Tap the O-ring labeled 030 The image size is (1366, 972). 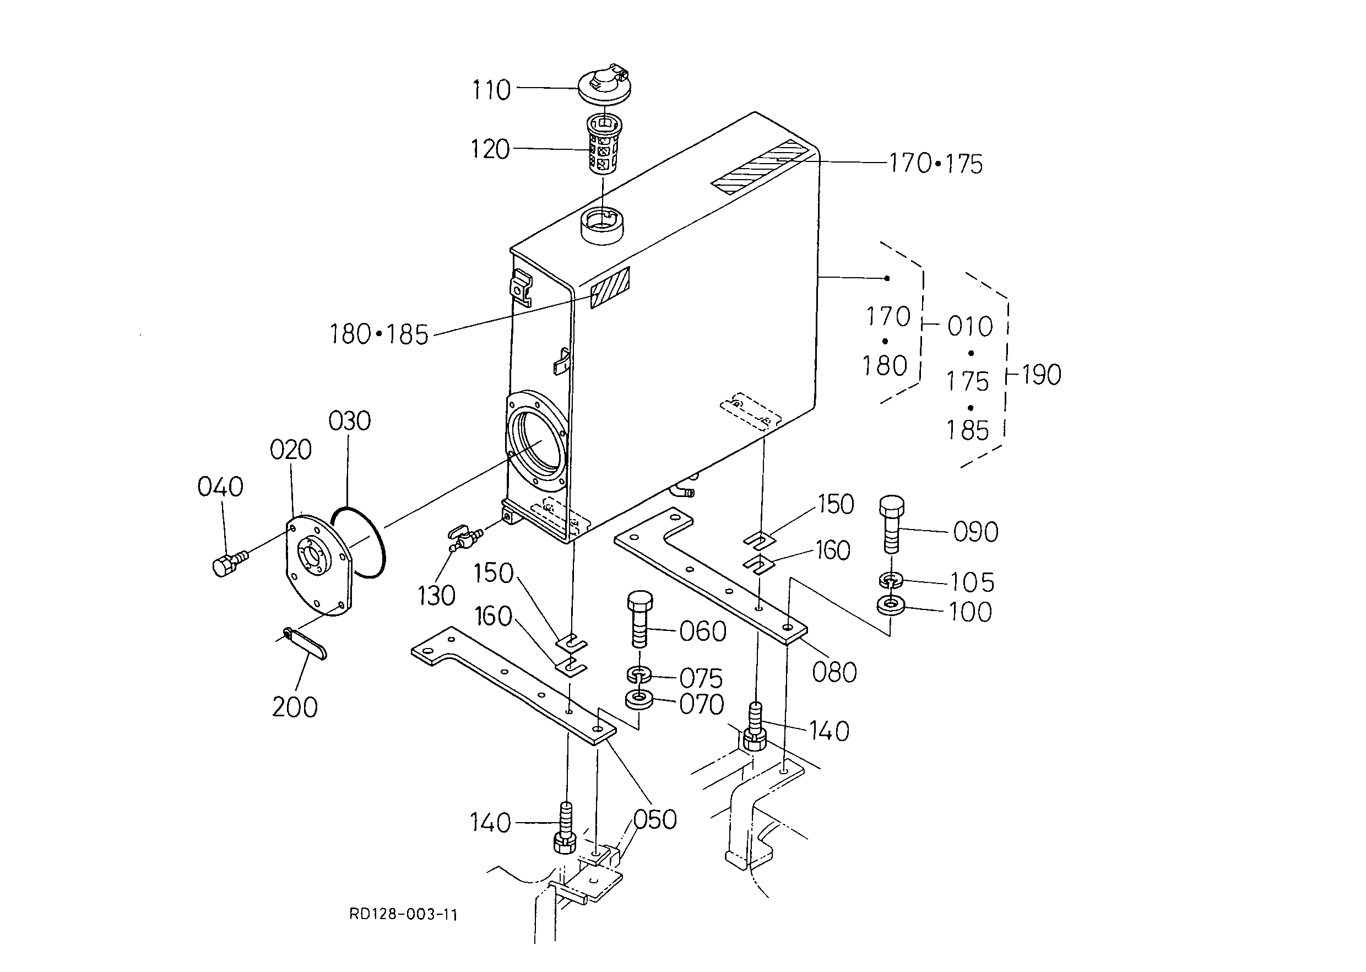pos(358,542)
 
